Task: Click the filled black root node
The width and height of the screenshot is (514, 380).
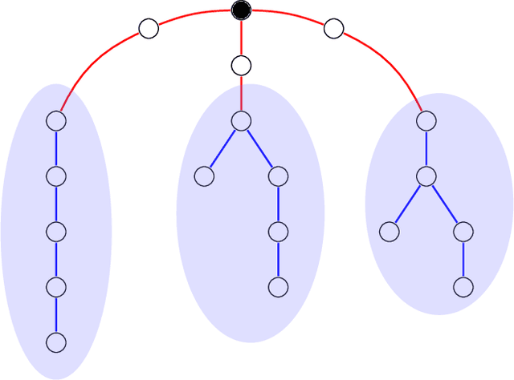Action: (x=241, y=10)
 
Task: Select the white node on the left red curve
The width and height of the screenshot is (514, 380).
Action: (x=149, y=29)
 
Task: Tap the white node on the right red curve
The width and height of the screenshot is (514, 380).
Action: (x=333, y=29)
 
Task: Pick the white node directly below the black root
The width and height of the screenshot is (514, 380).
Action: (x=241, y=65)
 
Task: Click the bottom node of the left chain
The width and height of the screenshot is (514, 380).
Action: (x=55, y=342)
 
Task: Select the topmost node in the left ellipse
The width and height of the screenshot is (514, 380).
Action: (x=55, y=120)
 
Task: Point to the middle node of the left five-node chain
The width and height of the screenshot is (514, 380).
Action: (x=55, y=232)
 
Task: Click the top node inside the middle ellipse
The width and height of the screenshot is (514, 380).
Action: (x=241, y=120)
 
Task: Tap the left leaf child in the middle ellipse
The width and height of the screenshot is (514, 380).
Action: (x=204, y=176)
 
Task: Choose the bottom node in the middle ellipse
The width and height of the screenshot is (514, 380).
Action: (x=278, y=287)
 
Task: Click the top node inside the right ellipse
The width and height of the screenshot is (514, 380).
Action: (x=426, y=120)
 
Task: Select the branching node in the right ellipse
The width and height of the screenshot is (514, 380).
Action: (x=426, y=176)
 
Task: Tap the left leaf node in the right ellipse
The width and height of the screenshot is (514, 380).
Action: (x=389, y=232)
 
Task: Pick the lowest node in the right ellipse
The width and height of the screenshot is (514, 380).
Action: (x=463, y=287)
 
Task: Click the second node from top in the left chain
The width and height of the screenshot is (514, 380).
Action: (x=55, y=176)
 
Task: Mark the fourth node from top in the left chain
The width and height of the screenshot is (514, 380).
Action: (x=55, y=287)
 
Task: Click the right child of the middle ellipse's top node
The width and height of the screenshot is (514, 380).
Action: (x=278, y=176)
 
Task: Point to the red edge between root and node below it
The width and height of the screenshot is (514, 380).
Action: (x=241, y=37)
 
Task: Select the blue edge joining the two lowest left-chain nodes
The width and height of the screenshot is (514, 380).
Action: (x=55, y=315)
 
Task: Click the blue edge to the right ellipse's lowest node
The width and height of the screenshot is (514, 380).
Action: (x=463, y=259)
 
